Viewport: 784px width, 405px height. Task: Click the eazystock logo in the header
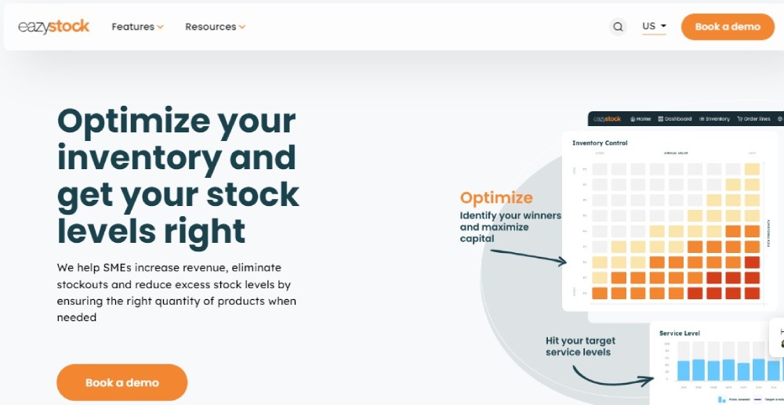(53, 27)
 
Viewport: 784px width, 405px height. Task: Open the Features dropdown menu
(137, 27)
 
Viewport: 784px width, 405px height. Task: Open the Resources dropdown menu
(215, 27)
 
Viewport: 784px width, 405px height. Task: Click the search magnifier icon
(618, 27)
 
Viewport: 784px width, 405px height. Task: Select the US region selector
(654, 27)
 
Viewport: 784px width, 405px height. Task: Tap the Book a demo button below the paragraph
(122, 382)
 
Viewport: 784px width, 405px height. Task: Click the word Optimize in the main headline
(133, 121)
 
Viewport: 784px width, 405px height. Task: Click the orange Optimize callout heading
(495, 198)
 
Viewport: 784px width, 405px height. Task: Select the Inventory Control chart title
(600, 143)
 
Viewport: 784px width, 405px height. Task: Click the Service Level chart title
(680, 333)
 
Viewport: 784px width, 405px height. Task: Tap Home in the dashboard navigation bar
(640, 119)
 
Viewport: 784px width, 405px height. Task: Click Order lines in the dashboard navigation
(753, 119)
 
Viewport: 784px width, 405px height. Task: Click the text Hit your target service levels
(580, 346)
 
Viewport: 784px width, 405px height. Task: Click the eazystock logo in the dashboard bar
(607, 119)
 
